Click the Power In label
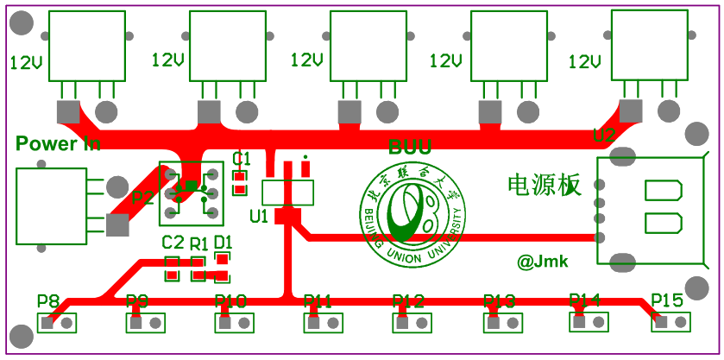click(58, 143)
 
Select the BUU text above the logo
click(410, 148)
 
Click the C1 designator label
click(242, 158)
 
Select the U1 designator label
click(259, 215)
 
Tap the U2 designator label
click(604, 136)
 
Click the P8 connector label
click(48, 301)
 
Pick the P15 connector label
click(667, 300)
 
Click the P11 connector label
click(318, 301)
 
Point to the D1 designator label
click(223, 242)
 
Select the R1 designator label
click(199, 243)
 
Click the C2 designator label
click(173, 242)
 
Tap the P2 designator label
click(143, 198)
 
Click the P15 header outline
click(671, 322)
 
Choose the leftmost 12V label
click(27, 62)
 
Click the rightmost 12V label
click(584, 62)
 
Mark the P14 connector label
click(584, 300)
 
